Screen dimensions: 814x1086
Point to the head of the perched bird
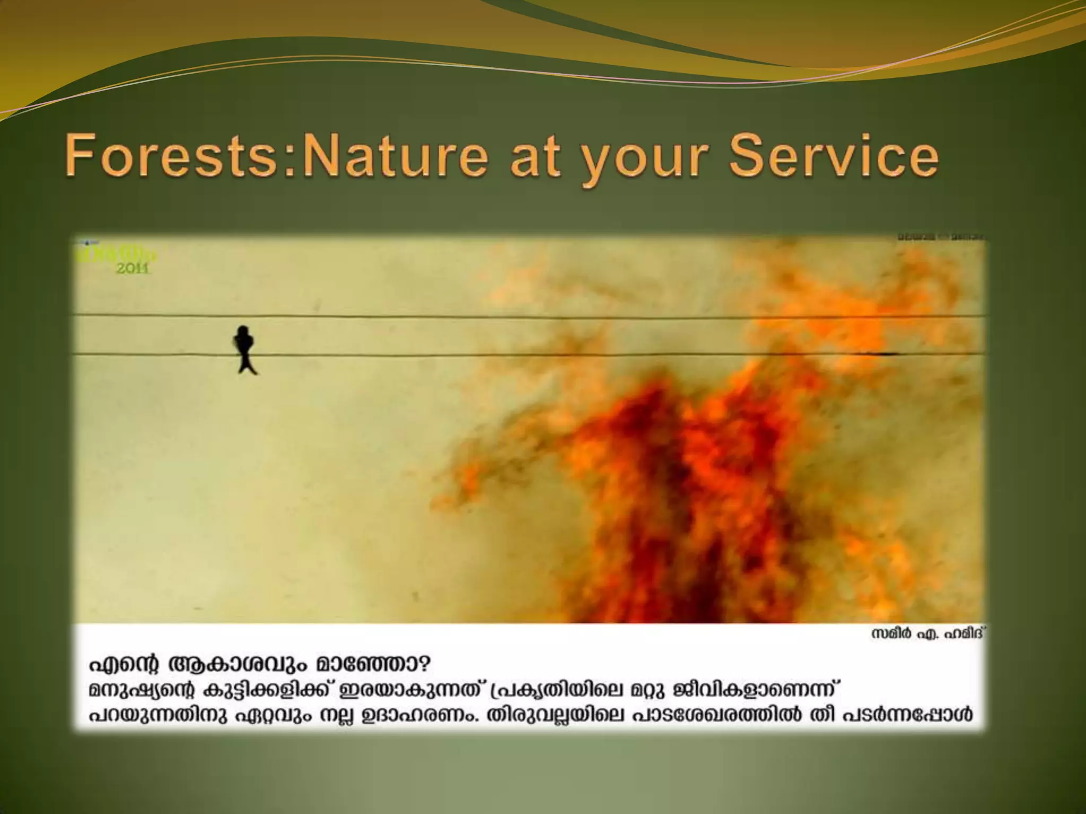click(243, 332)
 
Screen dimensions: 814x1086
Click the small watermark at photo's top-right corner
click(941, 237)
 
